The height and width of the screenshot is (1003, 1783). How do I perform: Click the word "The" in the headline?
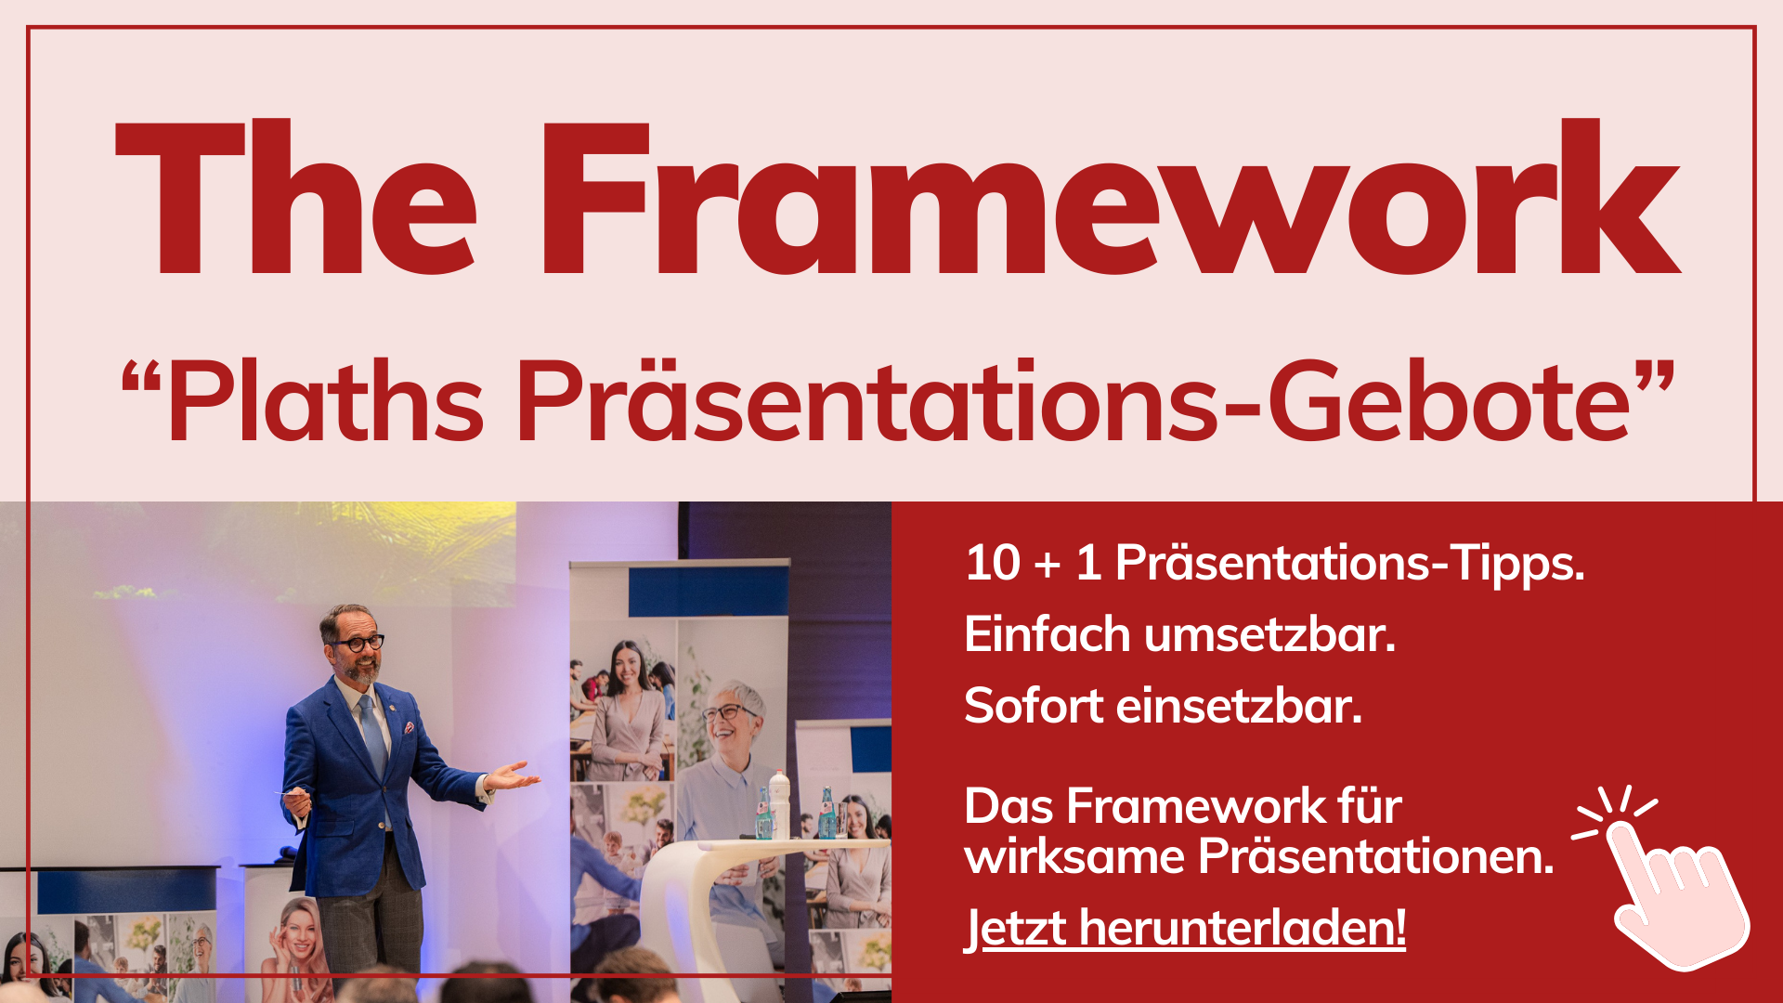[x=295, y=198]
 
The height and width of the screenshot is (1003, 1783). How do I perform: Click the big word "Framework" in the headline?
[x=1111, y=198]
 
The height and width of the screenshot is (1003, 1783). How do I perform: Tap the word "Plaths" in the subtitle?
[x=325, y=401]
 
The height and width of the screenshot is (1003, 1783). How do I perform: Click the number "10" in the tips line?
[x=993, y=563]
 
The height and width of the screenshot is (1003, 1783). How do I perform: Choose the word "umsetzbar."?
[x=1269, y=635]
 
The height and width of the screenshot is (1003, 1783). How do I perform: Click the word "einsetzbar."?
[x=1239, y=706]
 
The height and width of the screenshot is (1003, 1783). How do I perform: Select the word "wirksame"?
[x=1074, y=856]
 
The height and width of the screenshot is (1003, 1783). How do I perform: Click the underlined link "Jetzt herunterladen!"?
[x=1186, y=928]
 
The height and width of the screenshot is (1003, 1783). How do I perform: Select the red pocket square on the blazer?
[x=409, y=728]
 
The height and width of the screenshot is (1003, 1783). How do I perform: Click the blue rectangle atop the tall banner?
[x=708, y=592]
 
